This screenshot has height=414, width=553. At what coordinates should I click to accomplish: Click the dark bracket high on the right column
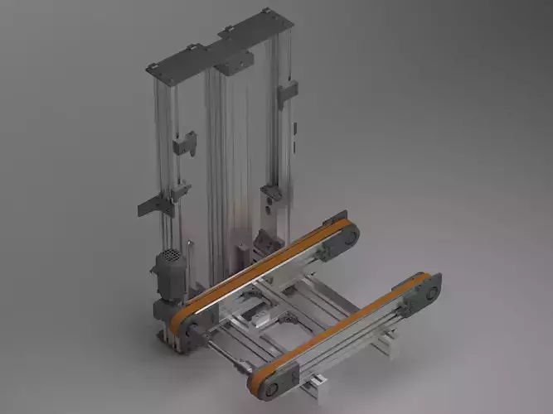[x=287, y=93]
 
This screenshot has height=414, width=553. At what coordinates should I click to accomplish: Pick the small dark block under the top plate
[x=236, y=59]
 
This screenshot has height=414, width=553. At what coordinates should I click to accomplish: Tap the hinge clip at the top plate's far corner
[x=265, y=11]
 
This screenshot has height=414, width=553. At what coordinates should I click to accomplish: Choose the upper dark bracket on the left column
[x=184, y=145]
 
